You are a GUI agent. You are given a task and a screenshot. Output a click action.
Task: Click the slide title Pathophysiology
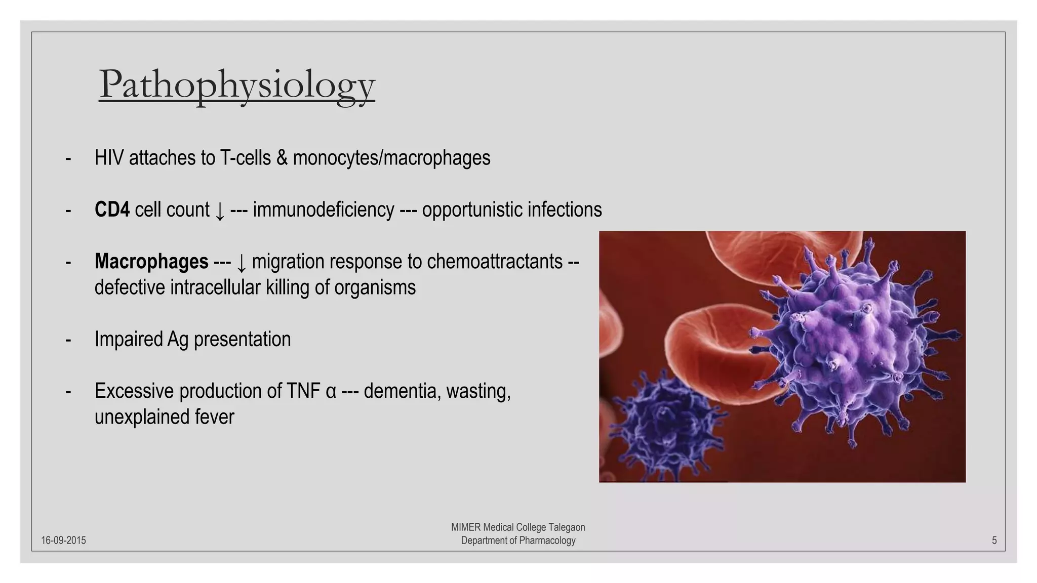click(x=236, y=85)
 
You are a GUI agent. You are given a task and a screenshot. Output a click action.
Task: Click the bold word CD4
click(x=112, y=210)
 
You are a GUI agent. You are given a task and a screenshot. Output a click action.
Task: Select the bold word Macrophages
click(x=151, y=262)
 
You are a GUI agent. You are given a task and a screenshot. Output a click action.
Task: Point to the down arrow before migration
click(x=242, y=263)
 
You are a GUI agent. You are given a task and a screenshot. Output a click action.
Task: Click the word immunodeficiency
click(x=323, y=210)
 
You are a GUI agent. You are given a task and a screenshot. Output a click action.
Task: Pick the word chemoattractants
click(x=494, y=262)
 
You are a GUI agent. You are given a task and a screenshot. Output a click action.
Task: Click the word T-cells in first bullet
click(x=246, y=158)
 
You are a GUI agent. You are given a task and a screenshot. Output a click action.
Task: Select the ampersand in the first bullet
click(x=282, y=158)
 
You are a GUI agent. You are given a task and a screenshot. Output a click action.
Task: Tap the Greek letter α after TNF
click(x=331, y=392)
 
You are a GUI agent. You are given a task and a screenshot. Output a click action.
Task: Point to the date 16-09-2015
click(x=63, y=540)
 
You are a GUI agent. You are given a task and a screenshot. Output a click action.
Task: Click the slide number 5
click(x=994, y=540)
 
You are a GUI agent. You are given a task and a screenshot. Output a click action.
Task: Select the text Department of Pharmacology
click(x=518, y=540)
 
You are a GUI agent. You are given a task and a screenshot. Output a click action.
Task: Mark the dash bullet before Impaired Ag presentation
click(x=68, y=340)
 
